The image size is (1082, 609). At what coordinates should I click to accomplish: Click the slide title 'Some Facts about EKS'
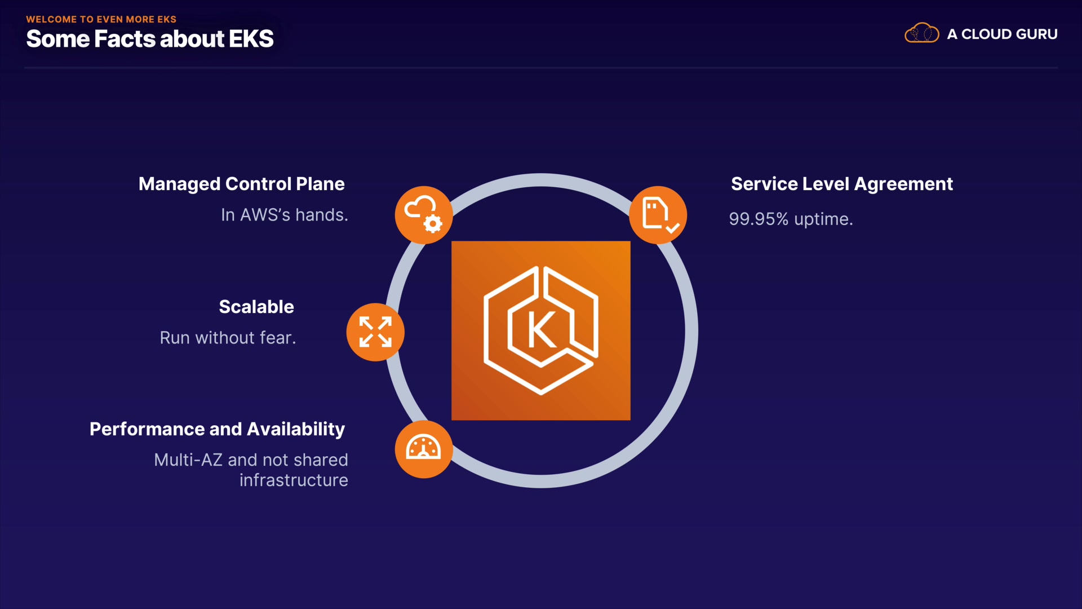click(x=149, y=39)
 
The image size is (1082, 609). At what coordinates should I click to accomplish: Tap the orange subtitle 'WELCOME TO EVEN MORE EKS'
click(x=101, y=19)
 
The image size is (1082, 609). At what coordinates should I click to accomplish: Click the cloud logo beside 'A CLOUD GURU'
click(x=921, y=33)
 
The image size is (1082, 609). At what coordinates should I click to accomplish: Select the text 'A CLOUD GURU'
click(x=1002, y=34)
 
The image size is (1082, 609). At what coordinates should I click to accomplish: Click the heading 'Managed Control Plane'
click(x=241, y=184)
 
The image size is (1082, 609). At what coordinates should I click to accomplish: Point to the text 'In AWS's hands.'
click(x=284, y=215)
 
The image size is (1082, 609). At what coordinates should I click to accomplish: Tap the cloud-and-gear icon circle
click(x=424, y=215)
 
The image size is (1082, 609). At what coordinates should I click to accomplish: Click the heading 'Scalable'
click(x=256, y=307)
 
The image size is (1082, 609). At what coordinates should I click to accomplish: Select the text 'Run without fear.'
click(x=228, y=338)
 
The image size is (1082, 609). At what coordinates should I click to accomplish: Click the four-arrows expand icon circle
click(x=375, y=332)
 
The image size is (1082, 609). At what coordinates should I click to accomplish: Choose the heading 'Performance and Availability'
click(x=217, y=429)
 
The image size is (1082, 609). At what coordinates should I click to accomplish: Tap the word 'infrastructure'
click(x=294, y=480)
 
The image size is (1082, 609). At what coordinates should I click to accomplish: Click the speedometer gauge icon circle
click(x=424, y=449)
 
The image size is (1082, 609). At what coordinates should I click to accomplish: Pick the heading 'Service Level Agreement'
click(x=842, y=184)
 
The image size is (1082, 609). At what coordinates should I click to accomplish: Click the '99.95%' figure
click(x=759, y=219)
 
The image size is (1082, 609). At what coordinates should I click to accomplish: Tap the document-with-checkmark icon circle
click(x=658, y=215)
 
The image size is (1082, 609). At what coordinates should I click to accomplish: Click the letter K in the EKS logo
click(x=542, y=330)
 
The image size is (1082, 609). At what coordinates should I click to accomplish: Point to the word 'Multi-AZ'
click(x=188, y=460)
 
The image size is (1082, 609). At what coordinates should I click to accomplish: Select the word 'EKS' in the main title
click(x=251, y=39)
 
